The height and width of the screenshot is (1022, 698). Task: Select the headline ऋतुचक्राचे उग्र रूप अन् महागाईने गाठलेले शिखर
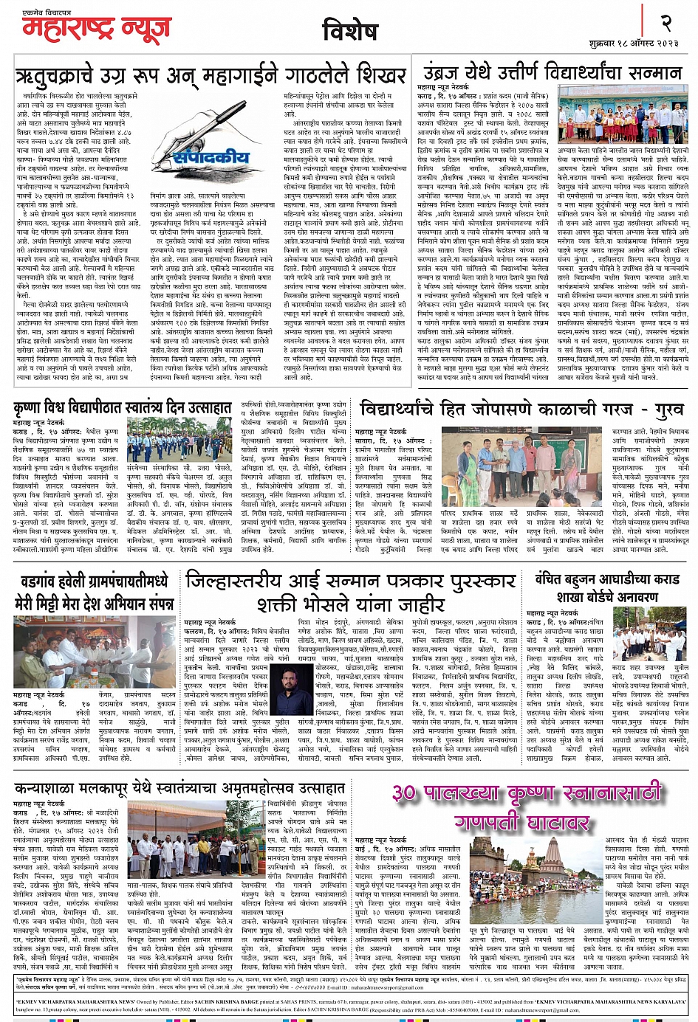pyautogui.click(x=211, y=76)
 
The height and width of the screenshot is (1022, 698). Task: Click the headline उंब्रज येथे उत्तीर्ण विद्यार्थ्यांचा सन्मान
pyautogui.click(x=552, y=73)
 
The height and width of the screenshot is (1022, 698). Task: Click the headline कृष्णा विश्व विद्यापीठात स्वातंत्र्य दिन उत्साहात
pyautogui.click(x=123, y=408)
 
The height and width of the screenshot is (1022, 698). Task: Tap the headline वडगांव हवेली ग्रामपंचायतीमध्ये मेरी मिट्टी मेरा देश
pyautogui.click(x=94, y=592)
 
